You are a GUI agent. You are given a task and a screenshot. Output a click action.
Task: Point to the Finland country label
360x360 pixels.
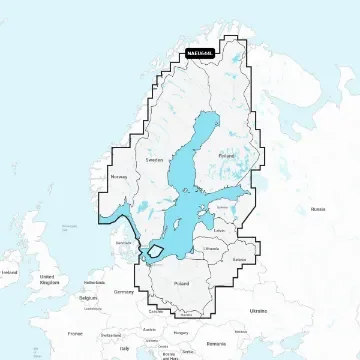point(225,156)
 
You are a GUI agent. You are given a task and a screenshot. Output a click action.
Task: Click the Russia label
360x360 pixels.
point(318,208)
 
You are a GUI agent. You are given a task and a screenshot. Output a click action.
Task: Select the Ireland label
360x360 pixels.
point(10,272)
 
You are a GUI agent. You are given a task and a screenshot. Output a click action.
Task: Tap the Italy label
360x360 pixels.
point(124,347)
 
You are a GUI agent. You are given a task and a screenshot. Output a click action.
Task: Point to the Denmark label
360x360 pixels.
point(122,242)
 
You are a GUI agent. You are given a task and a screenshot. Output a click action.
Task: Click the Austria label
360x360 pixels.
point(153,322)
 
